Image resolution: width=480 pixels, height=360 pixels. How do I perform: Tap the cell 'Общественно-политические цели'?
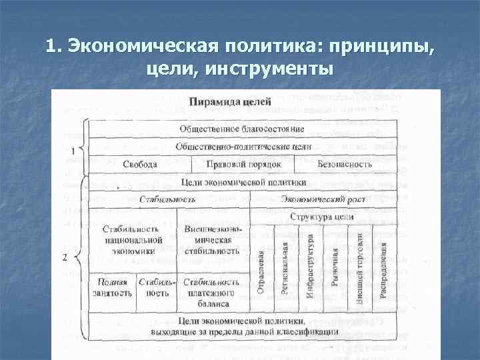(243, 146)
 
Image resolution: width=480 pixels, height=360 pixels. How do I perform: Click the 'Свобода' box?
(140, 164)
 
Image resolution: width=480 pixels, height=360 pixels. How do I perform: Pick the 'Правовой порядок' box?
(244, 164)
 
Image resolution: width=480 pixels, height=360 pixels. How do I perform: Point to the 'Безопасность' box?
(345, 164)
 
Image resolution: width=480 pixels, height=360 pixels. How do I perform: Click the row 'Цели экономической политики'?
(243, 181)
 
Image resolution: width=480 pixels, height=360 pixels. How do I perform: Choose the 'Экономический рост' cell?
(322, 199)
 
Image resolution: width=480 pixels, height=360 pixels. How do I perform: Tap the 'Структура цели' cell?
(322, 217)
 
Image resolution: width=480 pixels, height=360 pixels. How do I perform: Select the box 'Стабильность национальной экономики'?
(133, 240)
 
